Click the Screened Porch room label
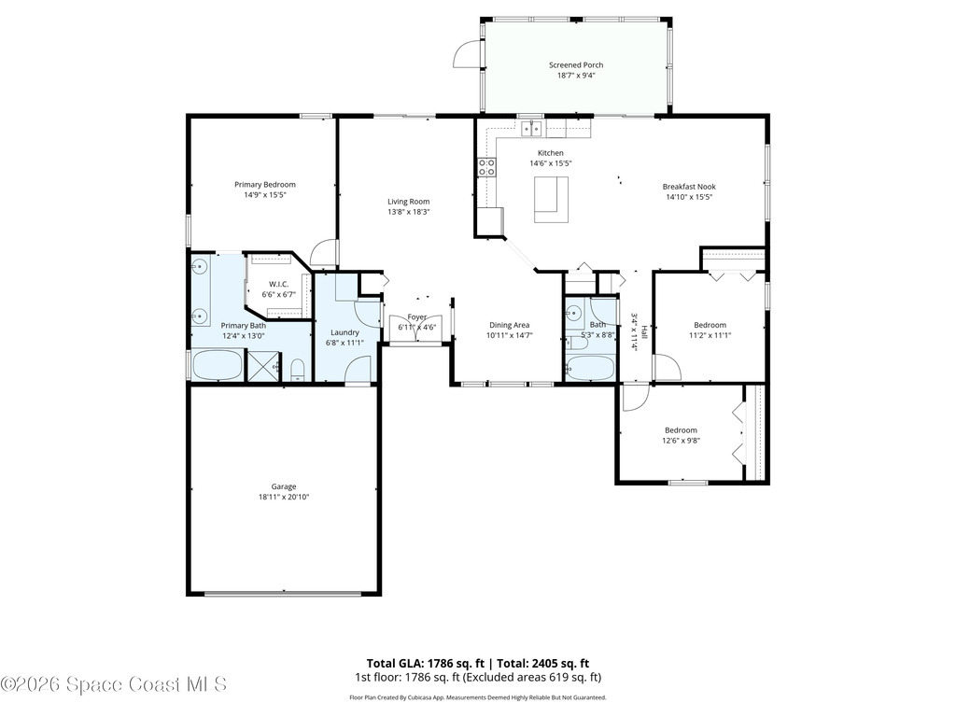(575, 65)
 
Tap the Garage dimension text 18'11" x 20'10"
(284, 498)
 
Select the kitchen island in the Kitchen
(551, 199)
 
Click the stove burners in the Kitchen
(486, 167)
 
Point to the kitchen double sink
(531, 128)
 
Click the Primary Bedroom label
(264, 185)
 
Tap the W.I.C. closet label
(278, 284)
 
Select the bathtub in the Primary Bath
(217, 365)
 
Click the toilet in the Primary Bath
(297, 373)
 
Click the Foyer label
(416, 317)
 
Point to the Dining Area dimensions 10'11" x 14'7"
(510, 336)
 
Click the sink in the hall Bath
(574, 313)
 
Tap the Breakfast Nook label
(689, 186)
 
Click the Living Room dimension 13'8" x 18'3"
(409, 212)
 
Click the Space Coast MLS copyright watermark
(114, 684)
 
